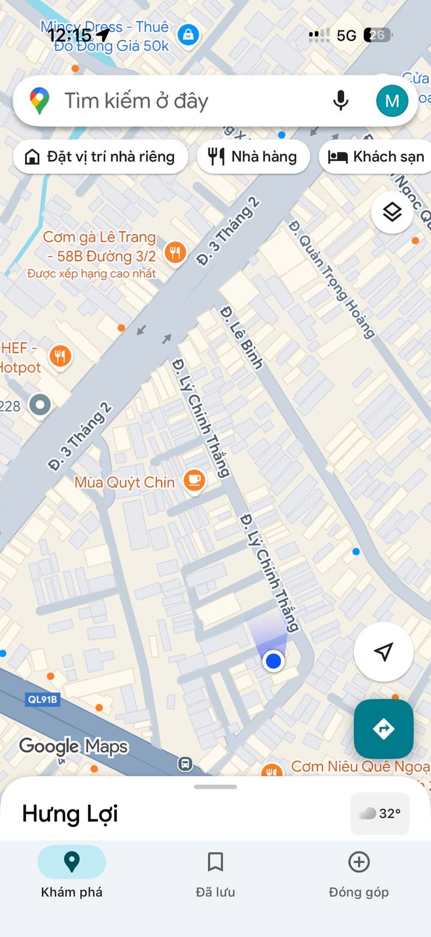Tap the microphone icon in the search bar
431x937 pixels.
coord(341,101)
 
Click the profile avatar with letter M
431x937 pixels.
coord(392,101)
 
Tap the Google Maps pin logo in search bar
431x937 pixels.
coord(40,101)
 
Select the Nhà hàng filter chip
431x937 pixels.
coord(253,157)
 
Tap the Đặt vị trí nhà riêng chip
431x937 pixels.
coord(101,157)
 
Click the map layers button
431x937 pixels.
coord(392,212)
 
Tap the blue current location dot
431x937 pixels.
coord(274,661)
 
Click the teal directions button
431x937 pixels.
coord(383,729)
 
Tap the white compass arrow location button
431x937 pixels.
coord(383,652)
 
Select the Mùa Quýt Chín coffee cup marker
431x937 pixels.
coord(194,480)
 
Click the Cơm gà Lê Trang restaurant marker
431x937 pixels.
coord(175,253)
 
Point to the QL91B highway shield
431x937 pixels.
coord(43,699)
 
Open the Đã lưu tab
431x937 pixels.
coord(215,874)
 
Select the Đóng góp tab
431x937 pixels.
coord(359,874)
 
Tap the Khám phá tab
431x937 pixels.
coord(72,874)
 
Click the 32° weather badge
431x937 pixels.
coord(380,813)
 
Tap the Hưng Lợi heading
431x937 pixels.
coord(70,814)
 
